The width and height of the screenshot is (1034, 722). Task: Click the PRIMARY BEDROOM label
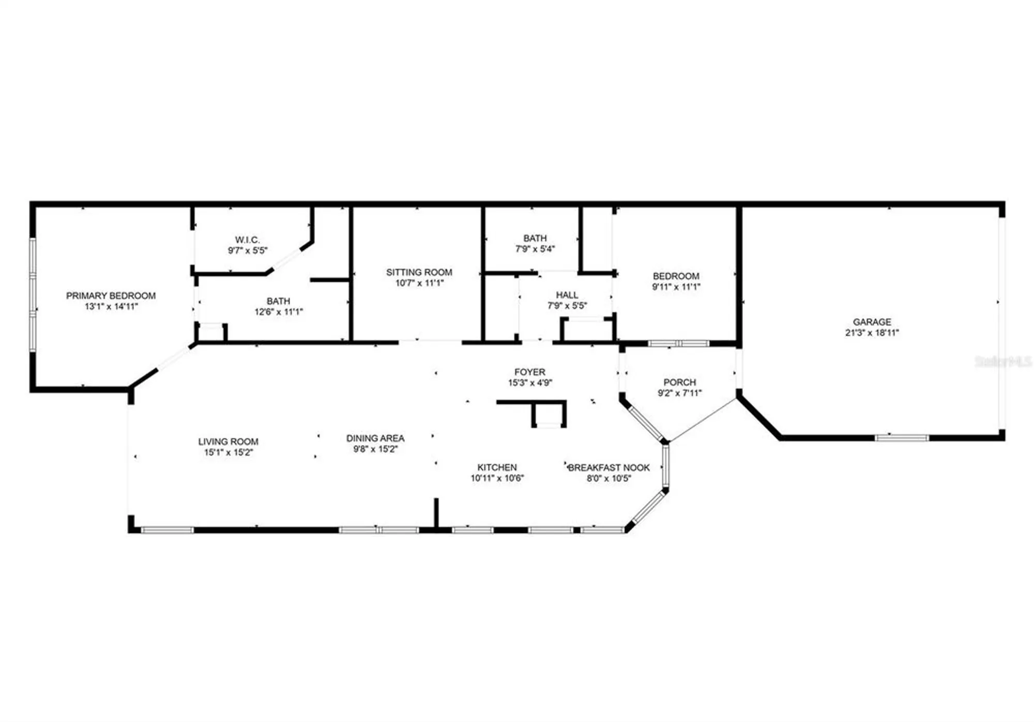111,296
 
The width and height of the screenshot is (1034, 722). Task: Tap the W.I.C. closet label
247,240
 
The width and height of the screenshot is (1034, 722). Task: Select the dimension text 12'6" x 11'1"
279,312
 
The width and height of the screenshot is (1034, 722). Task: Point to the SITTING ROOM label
419,272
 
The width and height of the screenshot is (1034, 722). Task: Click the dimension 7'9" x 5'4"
535,249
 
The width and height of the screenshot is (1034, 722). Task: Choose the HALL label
567,295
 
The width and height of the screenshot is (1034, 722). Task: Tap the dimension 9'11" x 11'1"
676,287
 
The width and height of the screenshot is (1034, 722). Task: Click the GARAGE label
872,322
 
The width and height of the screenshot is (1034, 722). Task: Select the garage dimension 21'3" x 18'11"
872,333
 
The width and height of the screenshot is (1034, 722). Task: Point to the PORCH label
679,382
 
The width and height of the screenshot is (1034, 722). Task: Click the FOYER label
529,372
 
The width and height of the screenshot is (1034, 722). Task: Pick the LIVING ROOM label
228,442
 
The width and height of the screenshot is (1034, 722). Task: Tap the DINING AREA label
375,438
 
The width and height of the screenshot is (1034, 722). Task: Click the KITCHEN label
497,467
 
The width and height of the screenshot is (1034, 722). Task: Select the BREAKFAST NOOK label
609,467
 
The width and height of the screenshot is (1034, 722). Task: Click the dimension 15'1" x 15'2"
228,453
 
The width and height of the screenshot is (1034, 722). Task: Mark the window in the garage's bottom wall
902,438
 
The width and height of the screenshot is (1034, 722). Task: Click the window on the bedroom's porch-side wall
679,343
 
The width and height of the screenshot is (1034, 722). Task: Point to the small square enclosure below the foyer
549,415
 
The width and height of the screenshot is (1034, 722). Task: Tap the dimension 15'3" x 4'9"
530,383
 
